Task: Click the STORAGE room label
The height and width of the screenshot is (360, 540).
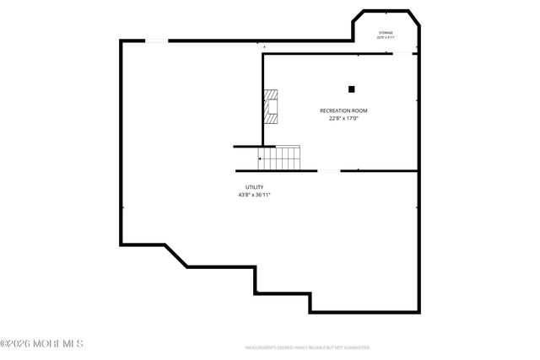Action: (x=386, y=32)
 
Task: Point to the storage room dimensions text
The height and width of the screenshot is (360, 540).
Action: (x=386, y=37)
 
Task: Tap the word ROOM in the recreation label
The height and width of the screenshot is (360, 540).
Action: (x=359, y=110)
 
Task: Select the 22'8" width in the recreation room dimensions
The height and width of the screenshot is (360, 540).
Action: (x=335, y=118)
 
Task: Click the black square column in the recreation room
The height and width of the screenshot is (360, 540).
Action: (x=352, y=89)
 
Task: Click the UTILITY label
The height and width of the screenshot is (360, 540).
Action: (x=255, y=187)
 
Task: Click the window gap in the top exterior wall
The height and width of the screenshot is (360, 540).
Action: (x=157, y=40)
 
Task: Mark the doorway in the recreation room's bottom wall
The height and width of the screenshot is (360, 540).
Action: (x=329, y=171)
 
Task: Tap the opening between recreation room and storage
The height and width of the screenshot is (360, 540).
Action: (x=404, y=55)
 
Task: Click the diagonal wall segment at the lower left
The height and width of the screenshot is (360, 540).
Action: (x=175, y=255)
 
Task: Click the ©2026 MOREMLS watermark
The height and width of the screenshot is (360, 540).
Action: (x=42, y=344)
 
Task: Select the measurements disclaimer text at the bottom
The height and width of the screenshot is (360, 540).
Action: (x=307, y=347)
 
